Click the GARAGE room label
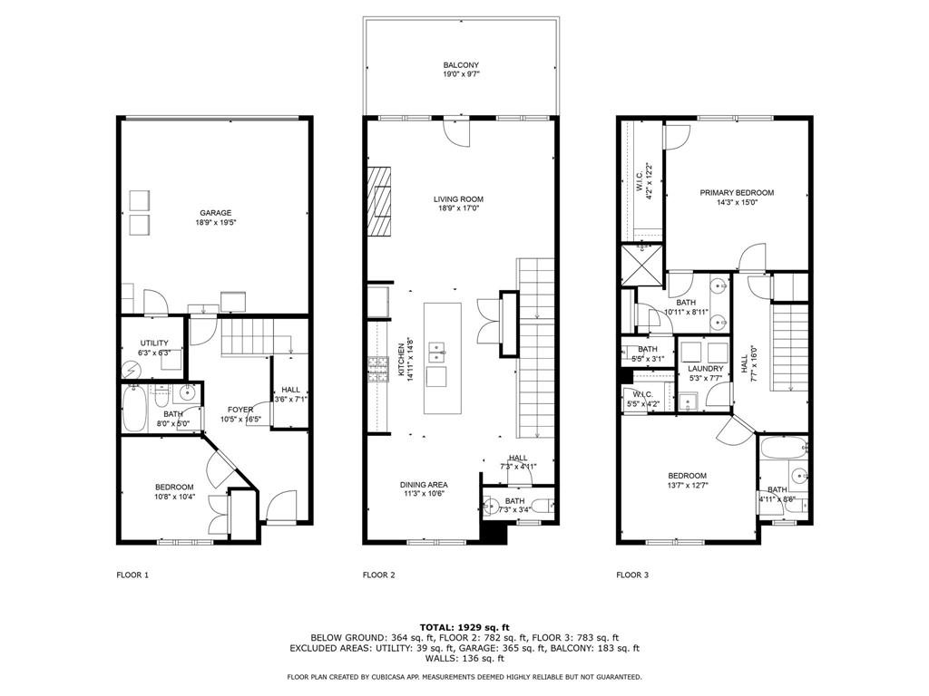215,213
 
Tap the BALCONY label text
461,65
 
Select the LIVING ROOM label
458,199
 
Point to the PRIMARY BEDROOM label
737,192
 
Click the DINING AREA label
424,485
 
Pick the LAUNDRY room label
706,369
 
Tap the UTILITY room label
154,343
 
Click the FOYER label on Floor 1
240,410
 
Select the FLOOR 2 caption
378,575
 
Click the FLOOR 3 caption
632,575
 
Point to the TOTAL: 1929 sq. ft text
464,627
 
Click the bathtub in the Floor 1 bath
134,409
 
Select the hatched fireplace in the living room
379,202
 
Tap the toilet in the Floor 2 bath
542,506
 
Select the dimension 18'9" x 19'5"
216,223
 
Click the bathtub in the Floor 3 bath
783,448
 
